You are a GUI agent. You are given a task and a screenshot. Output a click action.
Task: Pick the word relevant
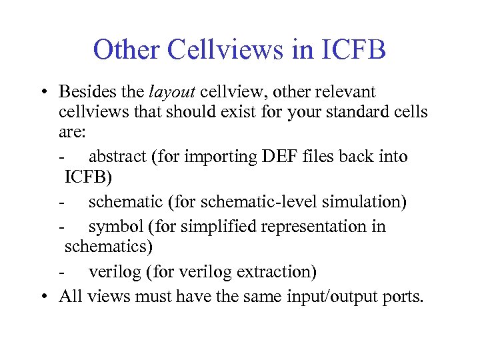[343, 91]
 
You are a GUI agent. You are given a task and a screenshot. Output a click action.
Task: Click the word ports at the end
[404, 295]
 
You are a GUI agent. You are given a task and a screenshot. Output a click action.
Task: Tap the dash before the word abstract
[61, 157]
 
